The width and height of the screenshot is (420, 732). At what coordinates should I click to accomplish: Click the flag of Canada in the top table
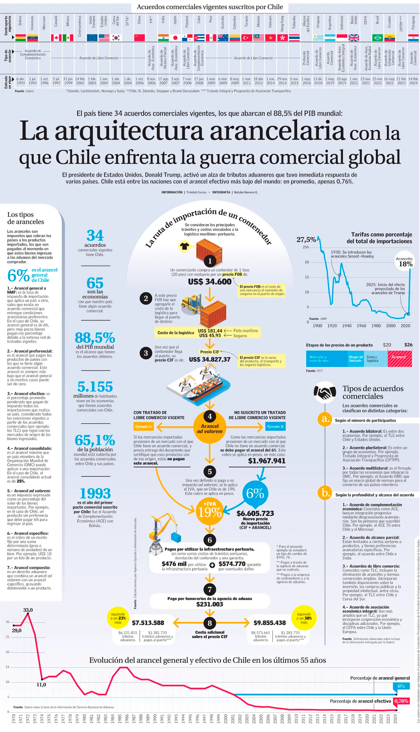[56, 37]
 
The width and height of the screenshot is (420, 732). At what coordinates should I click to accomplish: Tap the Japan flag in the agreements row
[175, 37]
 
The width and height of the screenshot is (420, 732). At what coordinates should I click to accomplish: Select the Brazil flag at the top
[377, 37]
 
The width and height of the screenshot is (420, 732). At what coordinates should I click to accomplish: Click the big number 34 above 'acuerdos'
[95, 235]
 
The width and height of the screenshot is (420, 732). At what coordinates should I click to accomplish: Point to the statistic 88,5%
[95, 338]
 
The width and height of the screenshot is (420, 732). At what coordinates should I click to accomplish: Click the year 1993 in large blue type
[95, 493]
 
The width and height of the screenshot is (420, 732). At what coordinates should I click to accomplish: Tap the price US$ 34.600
[210, 282]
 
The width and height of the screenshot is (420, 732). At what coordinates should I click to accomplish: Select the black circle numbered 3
[145, 353]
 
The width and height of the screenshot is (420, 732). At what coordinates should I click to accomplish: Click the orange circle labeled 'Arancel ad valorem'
[210, 426]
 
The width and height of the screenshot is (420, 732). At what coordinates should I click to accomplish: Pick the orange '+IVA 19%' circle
[210, 510]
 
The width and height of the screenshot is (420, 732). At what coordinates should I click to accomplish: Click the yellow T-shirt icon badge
[185, 246]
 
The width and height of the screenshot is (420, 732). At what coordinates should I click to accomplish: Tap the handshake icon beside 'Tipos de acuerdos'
[325, 393]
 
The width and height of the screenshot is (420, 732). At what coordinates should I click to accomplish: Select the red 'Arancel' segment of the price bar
[399, 358]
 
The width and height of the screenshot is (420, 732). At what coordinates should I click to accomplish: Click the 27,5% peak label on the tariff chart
[306, 240]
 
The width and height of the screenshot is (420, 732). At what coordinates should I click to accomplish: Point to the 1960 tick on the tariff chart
[361, 326]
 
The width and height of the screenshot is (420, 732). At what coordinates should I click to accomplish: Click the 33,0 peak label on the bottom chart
[28, 610]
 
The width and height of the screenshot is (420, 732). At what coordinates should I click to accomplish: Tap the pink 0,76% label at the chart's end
[401, 701]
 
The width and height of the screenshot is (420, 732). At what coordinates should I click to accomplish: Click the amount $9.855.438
[270, 623]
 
